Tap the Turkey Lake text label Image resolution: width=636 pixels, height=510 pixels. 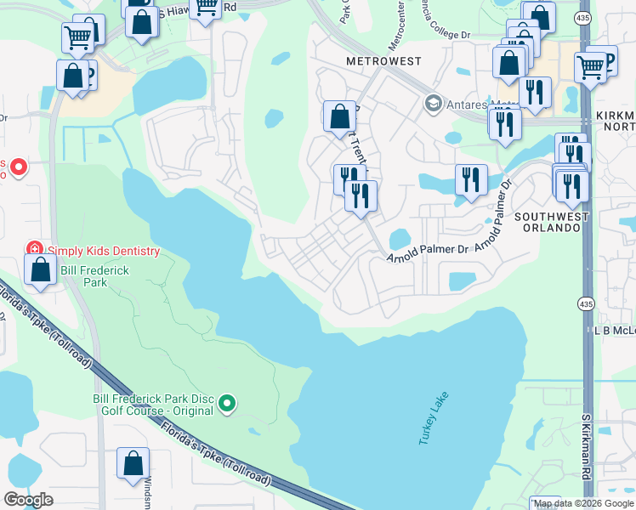[432, 418]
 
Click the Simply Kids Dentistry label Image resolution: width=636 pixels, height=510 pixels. [103, 251]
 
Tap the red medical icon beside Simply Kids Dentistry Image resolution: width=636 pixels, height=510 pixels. [35, 250]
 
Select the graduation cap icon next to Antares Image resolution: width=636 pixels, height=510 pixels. [433, 104]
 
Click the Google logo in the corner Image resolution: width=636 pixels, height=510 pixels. [28, 500]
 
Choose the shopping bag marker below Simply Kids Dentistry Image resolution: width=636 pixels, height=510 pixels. [41, 271]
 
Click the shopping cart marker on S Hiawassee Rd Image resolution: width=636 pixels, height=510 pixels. [205, 8]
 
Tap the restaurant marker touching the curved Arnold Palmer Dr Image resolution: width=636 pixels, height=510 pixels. [470, 179]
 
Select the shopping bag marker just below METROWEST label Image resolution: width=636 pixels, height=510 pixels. [339, 116]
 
